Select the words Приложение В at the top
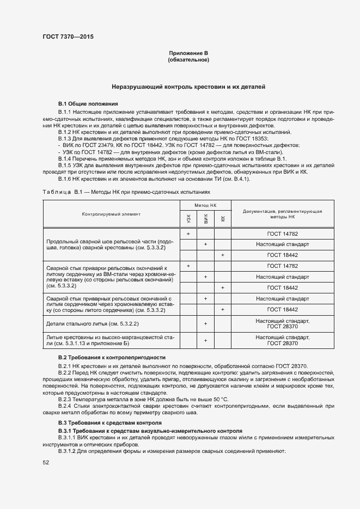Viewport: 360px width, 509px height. point(188,53)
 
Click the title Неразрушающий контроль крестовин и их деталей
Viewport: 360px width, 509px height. point(188,87)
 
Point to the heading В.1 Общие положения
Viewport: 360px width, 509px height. point(88,103)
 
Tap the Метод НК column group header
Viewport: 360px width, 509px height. point(205,205)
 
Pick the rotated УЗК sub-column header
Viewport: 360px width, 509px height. point(188,219)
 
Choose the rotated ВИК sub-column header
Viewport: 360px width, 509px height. point(205,219)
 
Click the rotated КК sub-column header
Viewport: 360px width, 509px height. point(223,219)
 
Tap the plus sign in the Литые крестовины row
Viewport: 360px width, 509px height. point(205,341)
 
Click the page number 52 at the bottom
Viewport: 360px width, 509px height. point(46,462)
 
